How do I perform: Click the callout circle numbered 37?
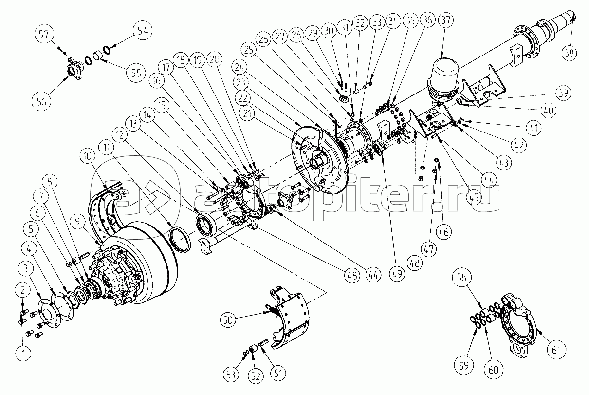(x=446, y=20)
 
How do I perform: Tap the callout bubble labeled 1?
(x=23, y=354)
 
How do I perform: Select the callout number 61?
(x=556, y=350)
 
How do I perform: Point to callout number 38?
(x=569, y=53)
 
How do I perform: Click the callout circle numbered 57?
(x=44, y=34)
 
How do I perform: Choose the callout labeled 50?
(x=228, y=320)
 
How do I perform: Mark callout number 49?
(x=397, y=274)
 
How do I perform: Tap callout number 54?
(x=143, y=31)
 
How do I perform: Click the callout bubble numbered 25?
(x=248, y=50)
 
